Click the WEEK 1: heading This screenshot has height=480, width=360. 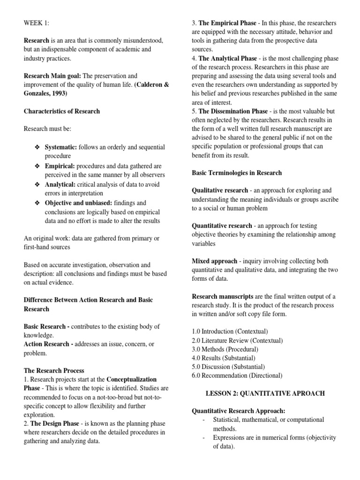point(36,23)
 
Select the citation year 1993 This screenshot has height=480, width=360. point(59,94)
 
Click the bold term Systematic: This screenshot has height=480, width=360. point(61,147)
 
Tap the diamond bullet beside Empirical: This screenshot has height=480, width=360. point(38,166)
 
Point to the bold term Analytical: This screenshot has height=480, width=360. point(60,184)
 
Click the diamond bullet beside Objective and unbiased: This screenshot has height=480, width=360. point(38,202)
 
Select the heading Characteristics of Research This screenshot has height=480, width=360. point(61,112)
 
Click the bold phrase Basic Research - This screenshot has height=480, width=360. point(47,326)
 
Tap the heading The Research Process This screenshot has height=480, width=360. point(53,370)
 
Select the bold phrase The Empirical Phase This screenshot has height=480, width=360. point(228,23)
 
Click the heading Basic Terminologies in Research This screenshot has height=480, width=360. point(237,173)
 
